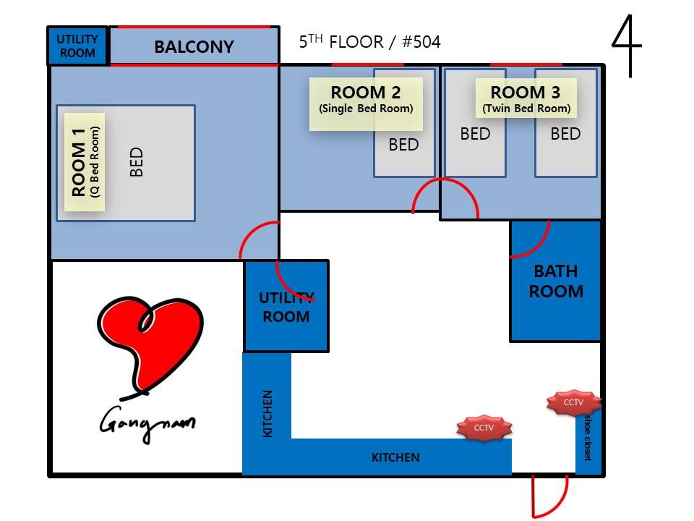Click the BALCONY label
click(x=194, y=47)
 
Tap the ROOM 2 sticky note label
click(x=366, y=103)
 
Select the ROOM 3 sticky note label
click(x=526, y=98)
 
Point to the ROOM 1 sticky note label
click(x=85, y=161)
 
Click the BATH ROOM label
click(x=556, y=281)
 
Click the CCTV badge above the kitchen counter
click(x=484, y=428)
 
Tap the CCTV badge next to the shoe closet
click(x=573, y=402)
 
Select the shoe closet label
click(x=587, y=437)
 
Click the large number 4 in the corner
click(x=626, y=46)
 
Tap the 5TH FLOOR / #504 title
click(x=369, y=42)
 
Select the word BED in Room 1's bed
click(x=137, y=162)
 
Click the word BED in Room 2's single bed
click(x=403, y=145)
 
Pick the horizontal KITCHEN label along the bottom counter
click(x=395, y=457)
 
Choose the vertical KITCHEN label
click(x=267, y=414)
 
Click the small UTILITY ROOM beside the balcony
click(x=77, y=46)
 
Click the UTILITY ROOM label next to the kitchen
click(x=286, y=307)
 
